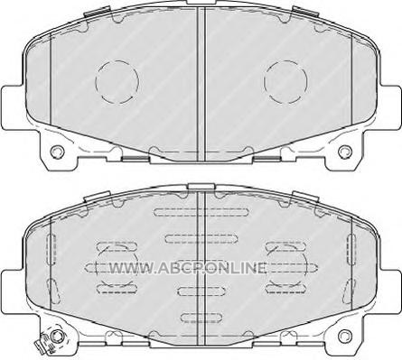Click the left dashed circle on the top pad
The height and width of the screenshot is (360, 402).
pos(96,81)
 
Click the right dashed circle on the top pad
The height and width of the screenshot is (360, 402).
pos(264,81)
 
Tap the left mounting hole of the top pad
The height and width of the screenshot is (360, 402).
pos(57,152)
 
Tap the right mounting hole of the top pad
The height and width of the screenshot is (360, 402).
pos(345,152)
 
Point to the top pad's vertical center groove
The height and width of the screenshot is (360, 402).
pos(201,84)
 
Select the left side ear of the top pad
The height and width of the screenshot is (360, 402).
pos(12,107)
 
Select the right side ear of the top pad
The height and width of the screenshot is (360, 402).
pos(390,107)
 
